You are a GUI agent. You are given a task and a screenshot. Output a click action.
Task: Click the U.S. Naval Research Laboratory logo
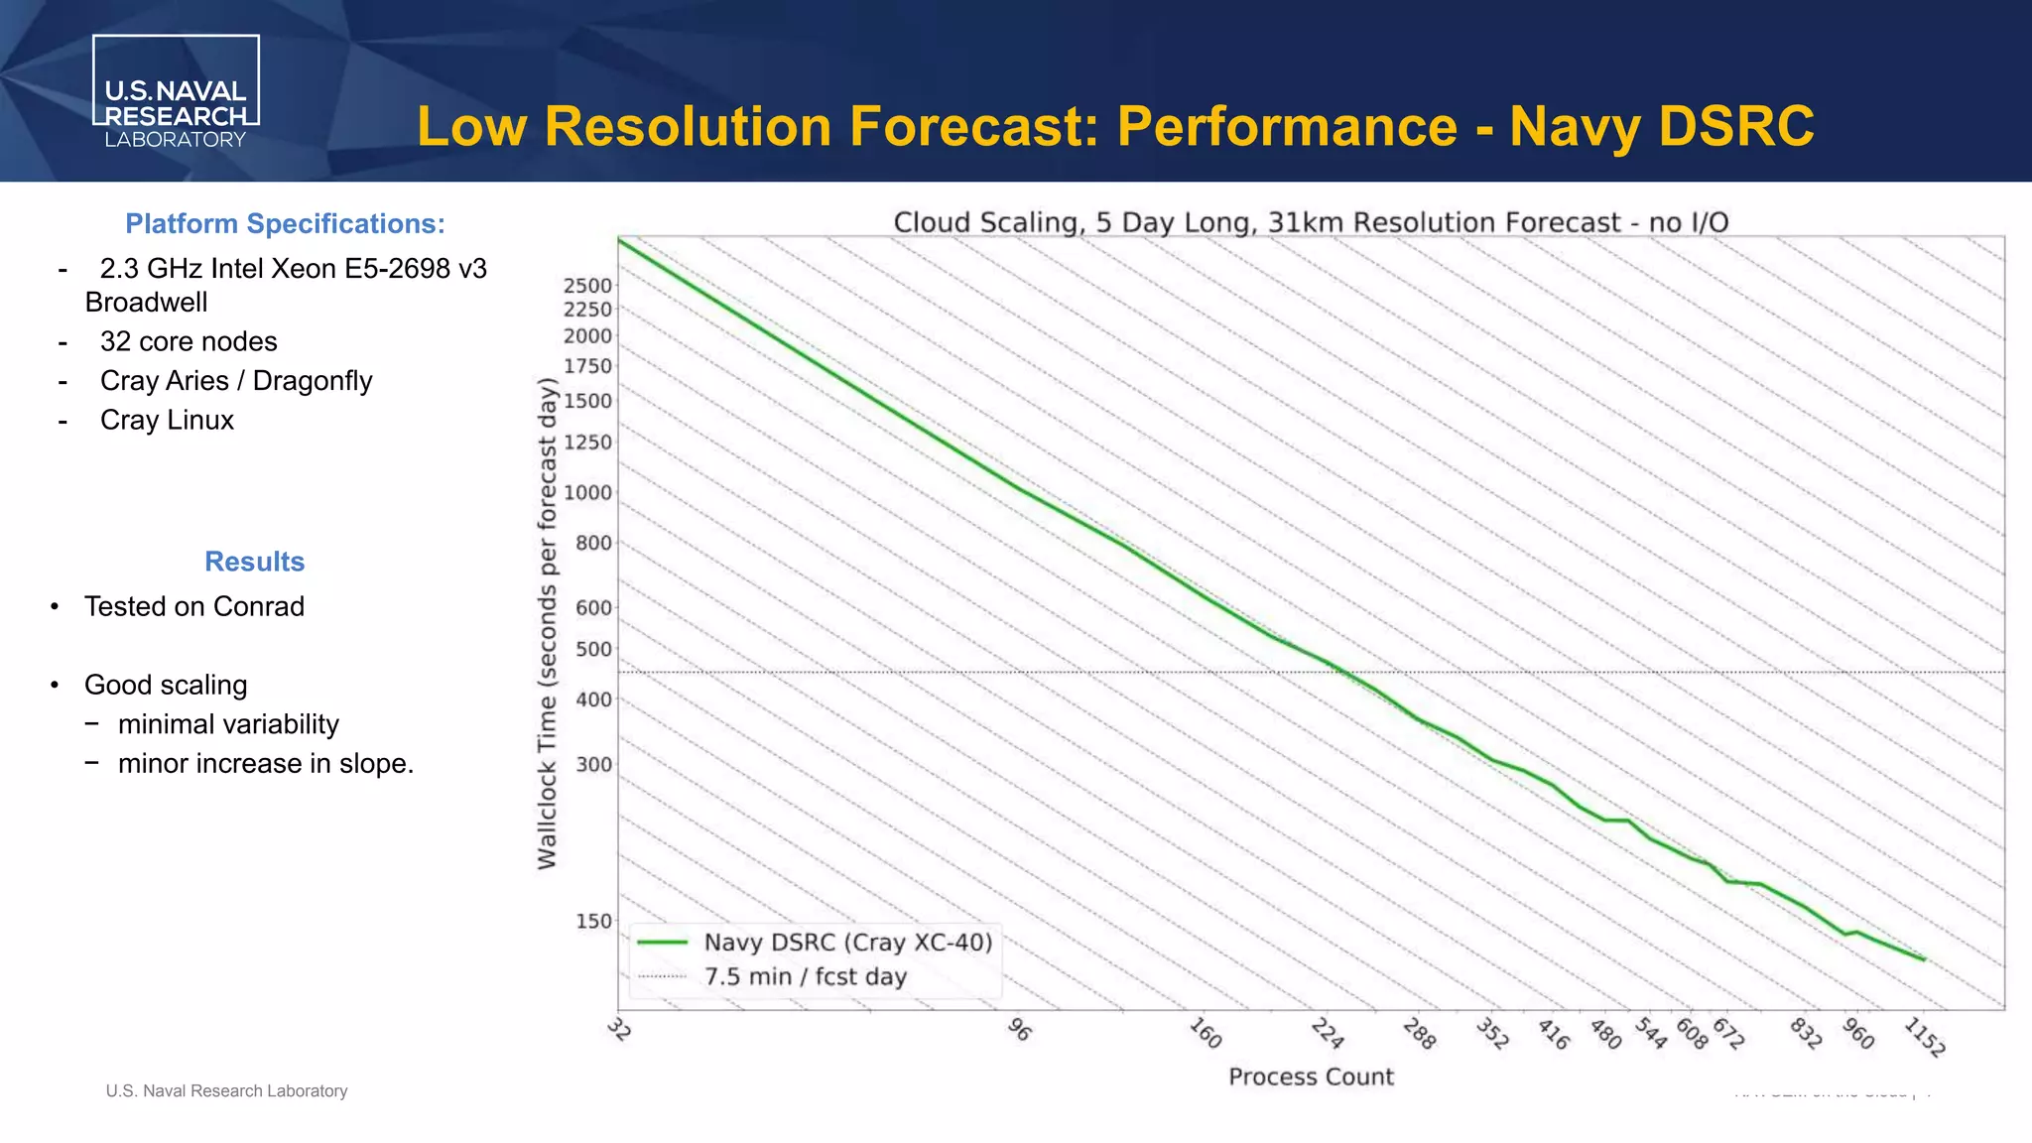pos(176,92)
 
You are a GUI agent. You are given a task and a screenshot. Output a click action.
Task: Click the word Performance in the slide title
pos(1287,127)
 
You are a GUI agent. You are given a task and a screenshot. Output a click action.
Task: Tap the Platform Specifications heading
pos(285,224)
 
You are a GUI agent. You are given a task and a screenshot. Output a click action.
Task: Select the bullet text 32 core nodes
pos(189,341)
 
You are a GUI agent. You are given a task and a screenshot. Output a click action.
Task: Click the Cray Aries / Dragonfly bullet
pos(236,381)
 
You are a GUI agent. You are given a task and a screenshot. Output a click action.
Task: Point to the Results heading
pos(254,562)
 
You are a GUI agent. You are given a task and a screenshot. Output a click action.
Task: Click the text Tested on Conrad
pos(194,606)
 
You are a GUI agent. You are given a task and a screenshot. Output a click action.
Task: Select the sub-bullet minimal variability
pos(228,724)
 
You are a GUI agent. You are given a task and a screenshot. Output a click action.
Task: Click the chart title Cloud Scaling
pos(1311,222)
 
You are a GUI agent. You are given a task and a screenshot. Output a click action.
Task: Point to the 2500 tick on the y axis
pos(587,286)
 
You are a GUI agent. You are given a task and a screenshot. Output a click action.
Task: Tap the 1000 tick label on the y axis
pos(587,493)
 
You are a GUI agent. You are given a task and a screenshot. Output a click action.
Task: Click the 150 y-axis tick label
pos(593,922)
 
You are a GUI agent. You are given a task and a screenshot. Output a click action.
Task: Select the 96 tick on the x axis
pos(1019,1030)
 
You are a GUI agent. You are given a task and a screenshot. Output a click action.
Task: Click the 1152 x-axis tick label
pos(1925,1037)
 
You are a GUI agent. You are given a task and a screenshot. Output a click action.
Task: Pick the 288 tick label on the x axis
pos(1419,1035)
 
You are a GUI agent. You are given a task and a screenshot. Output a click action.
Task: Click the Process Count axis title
pos(1311,1078)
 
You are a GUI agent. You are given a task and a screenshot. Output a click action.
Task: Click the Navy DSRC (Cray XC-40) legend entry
pos(848,943)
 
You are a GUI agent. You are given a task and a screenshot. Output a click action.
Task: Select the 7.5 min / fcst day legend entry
pos(805,977)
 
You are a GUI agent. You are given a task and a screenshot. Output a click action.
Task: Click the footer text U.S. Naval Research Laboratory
pos(226,1091)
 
